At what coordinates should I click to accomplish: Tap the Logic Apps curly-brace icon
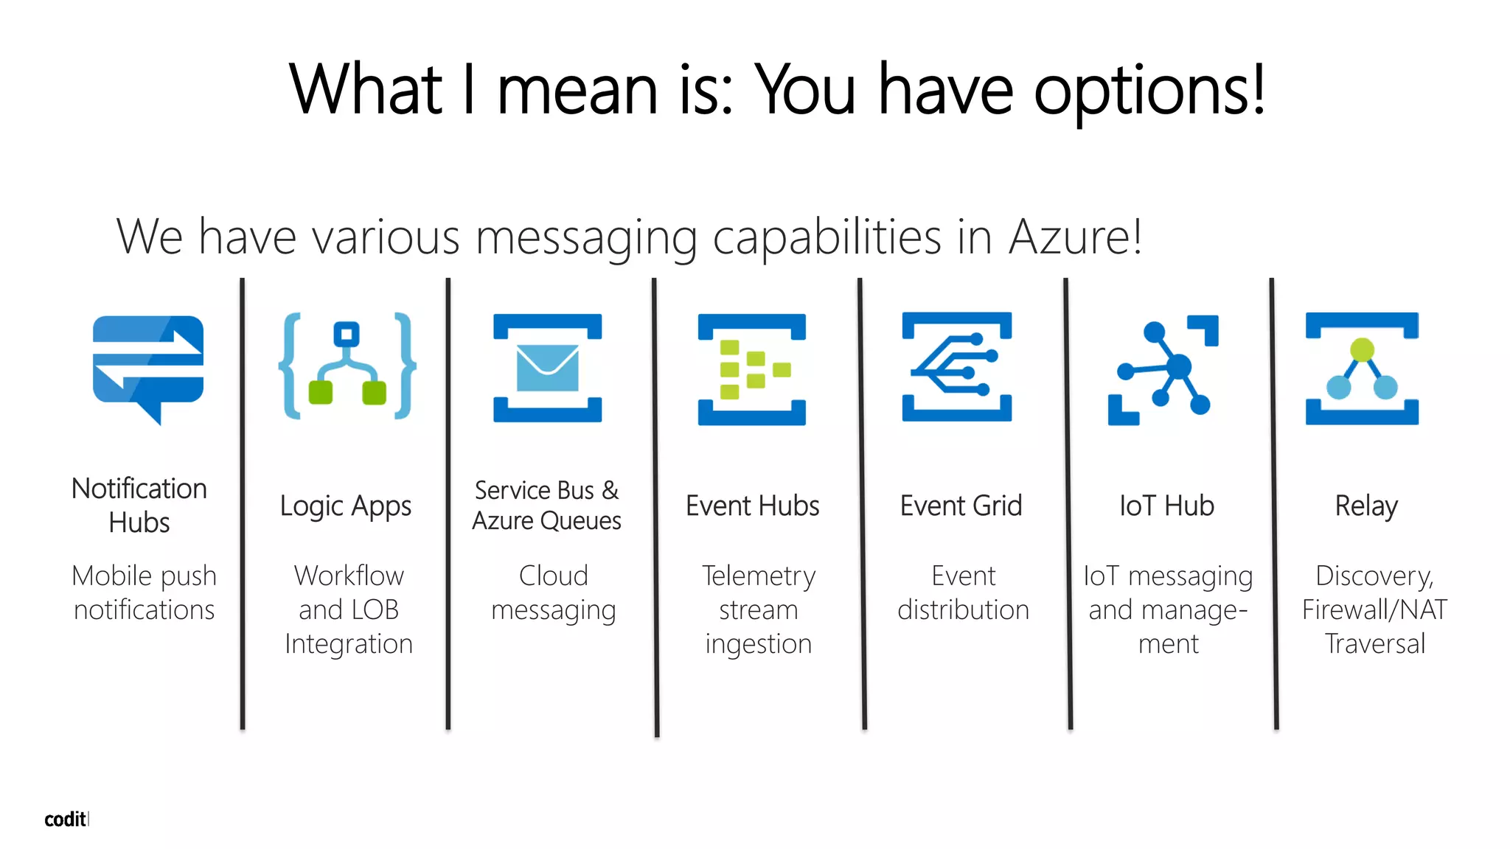click(x=347, y=366)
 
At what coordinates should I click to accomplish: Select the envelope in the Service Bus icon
click(x=548, y=368)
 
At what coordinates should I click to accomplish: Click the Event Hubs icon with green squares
click(x=752, y=369)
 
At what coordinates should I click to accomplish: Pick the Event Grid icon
click(x=957, y=367)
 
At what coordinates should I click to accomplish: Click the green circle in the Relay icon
click(x=1362, y=349)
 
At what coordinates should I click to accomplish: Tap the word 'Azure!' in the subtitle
click(x=1076, y=237)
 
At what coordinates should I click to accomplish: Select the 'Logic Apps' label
click(x=346, y=506)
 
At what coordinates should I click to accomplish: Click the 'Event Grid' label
click(x=961, y=506)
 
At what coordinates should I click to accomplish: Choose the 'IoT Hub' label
click(x=1166, y=506)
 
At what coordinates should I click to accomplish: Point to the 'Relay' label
click(x=1366, y=506)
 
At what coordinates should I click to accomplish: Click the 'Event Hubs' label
click(x=752, y=506)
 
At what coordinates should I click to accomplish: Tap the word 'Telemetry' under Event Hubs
click(x=759, y=576)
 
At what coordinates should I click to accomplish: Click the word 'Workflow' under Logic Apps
click(x=349, y=576)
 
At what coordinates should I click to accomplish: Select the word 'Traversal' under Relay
click(x=1375, y=643)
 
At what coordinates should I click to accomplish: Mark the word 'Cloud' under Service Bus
click(x=553, y=576)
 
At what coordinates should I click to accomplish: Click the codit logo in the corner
click(x=66, y=820)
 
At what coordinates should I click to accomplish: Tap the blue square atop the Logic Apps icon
click(x=347, y=335)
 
